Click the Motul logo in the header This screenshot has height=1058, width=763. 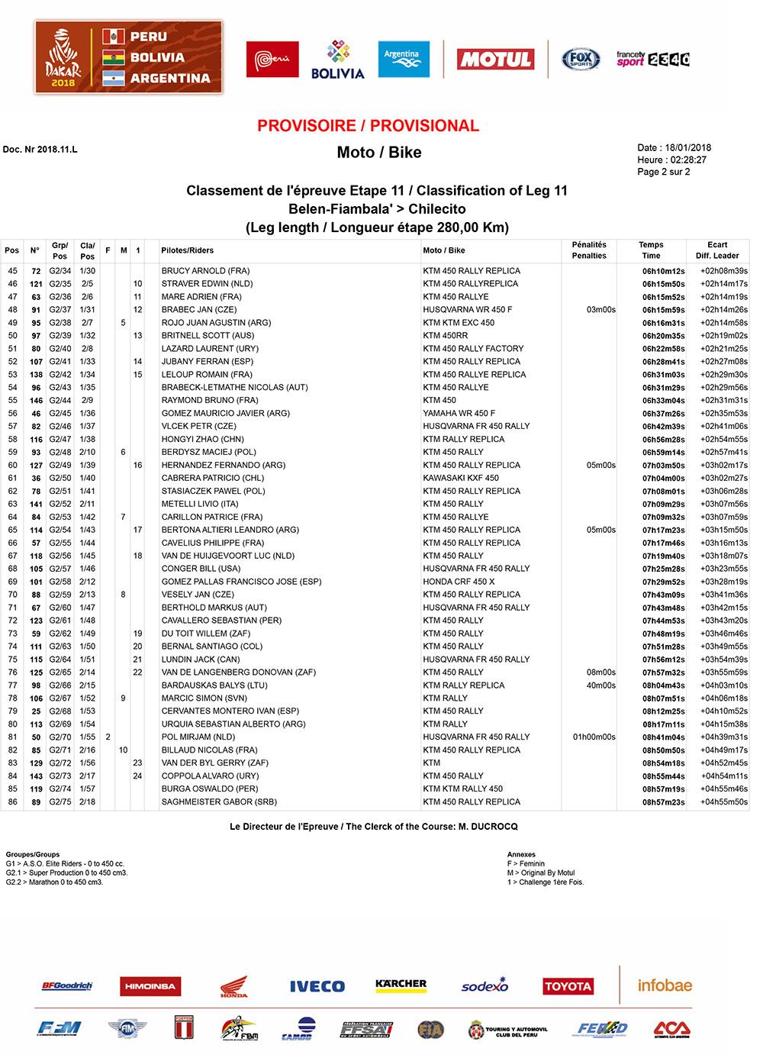pos(495,60)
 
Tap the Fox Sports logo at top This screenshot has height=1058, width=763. pos(581,59)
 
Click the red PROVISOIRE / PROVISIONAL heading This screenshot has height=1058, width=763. pos(368,126)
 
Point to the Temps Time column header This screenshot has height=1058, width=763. pos(651,250)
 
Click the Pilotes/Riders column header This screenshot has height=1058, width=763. pos(187,250)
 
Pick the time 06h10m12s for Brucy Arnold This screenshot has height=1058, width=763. pos(663,271)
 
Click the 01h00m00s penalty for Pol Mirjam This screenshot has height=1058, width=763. pos(594,737)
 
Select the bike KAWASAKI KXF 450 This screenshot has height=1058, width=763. pos(461,479)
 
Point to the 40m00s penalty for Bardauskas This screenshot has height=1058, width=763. pos(600,685)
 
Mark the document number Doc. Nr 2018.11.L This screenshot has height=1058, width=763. pos(40,150)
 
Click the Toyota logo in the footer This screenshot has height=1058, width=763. pos(568,986)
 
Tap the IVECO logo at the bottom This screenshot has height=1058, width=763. pos(317,986)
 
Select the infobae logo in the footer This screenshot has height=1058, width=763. pos(665,985)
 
